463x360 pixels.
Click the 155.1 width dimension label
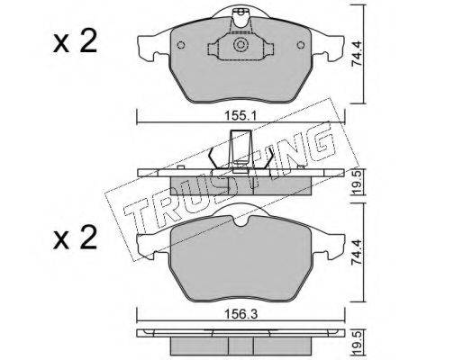coord(241,115)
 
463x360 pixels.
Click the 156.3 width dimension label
coord(241,314)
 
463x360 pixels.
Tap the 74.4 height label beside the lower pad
coord(358,252)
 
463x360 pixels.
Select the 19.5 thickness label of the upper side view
coord(358,184)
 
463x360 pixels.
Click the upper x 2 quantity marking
coord(76,42)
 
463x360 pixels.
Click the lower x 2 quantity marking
coord(76,238)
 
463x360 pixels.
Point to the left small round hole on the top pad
coord(181,45)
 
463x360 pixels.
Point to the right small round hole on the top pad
coord(301,45)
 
